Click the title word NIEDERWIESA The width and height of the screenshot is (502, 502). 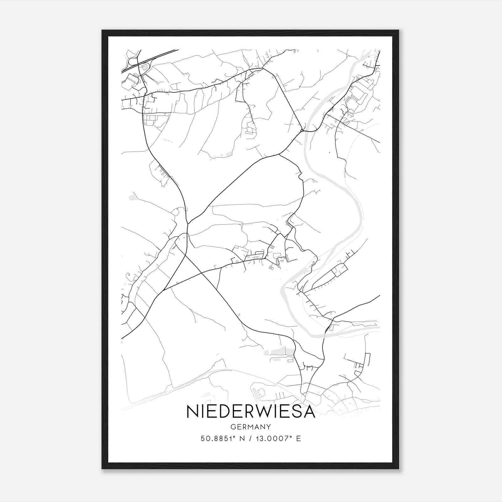pos(251,412)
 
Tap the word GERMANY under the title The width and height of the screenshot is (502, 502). pos(251,427)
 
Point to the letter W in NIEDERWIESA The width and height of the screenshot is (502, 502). pos(259,412)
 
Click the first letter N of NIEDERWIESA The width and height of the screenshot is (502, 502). pos(192,412)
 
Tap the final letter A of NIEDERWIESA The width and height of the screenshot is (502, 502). pos(309,412)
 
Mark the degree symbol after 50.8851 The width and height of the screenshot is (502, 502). pos(233,437)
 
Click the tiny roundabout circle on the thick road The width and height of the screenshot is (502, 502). pos(302,130)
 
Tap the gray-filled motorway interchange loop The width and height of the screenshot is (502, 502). pos(144,67)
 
